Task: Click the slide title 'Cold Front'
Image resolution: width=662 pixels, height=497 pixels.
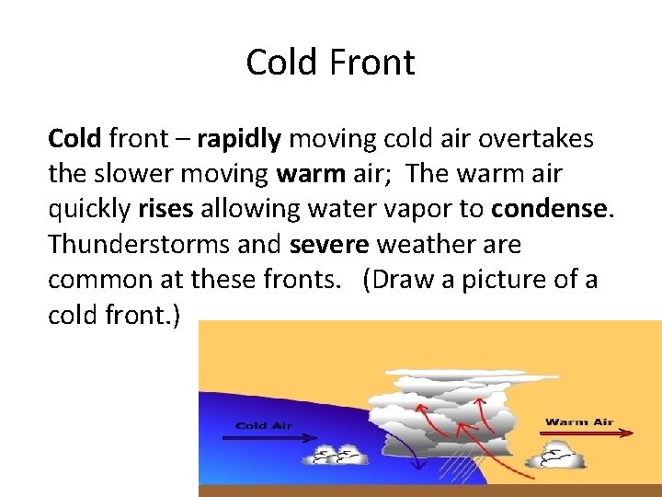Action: click(330, 63)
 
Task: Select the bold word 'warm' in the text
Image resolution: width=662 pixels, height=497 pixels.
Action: click(298, 174)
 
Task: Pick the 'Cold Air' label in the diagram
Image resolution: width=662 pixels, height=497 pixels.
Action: click(264, 425)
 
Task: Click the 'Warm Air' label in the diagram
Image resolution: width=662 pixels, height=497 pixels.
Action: click(579, 422)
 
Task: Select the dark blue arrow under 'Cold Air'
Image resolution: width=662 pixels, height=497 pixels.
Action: click(267, 438)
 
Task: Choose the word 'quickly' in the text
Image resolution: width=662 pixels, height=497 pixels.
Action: click(90, 210)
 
